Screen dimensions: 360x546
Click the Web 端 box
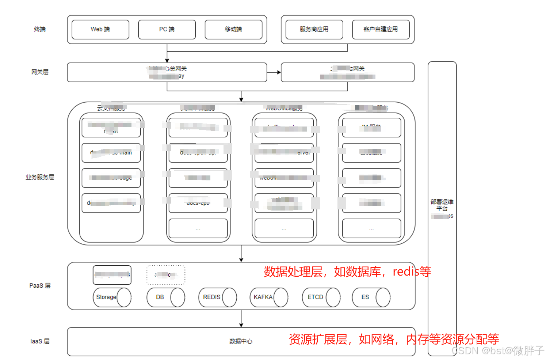point(100,29)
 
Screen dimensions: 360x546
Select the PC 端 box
point(167,29)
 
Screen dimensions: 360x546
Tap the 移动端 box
point(233,29)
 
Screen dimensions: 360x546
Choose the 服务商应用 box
point(314,29)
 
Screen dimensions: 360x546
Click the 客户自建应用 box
point(381,29)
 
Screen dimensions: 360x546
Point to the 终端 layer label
point(40,29)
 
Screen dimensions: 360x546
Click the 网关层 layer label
point(40,72)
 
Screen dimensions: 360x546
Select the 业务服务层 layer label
point(40,177)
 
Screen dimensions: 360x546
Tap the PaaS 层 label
point(40,285)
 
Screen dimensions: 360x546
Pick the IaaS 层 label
point(40,341)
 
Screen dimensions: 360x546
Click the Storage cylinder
point(112,297)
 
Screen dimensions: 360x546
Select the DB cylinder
point(165,297)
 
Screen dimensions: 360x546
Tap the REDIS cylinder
point(217,297)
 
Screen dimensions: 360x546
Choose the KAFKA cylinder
point(268,297)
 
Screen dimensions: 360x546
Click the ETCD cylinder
point(321,297)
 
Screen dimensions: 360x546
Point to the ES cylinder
point(371,297)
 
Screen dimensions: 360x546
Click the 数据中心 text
point(241,341)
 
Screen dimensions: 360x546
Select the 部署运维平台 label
point(442,205)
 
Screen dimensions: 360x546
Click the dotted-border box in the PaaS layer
point(166,275)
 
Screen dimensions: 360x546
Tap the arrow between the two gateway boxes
point(274,72)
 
